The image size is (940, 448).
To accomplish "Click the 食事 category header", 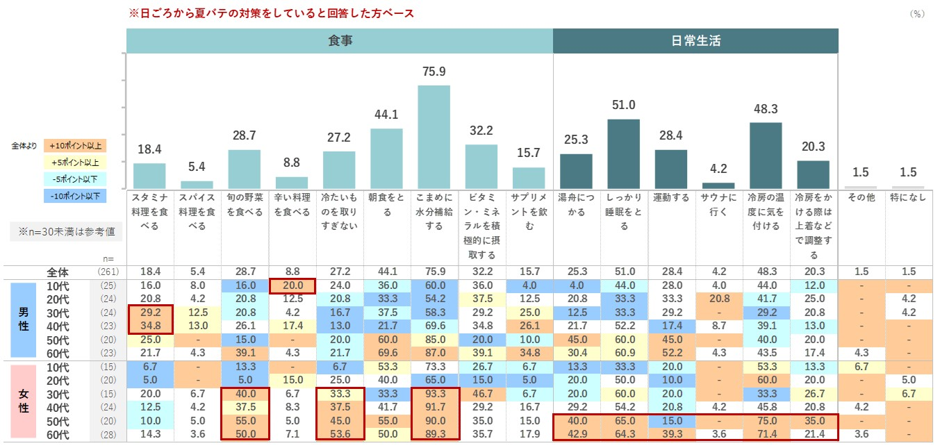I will click(340, 41).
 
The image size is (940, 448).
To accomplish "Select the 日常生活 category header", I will click(695, 41).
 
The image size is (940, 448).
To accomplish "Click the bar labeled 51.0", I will click(623, 154).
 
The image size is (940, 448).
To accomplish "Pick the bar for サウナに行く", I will click(718, 185).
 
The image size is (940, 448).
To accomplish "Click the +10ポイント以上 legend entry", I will click(74, 146).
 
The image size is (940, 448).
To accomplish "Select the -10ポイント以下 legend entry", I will click(74, 196).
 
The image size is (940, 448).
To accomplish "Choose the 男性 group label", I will click(23, 319).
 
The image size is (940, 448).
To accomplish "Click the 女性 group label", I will click(23, 400).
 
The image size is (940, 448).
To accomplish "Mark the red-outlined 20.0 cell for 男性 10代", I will click(292, 285).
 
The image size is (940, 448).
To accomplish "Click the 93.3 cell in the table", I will click(434, 394).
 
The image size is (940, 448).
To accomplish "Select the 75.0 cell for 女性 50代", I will click(766, 421).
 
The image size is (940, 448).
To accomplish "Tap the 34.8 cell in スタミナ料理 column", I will click(150, 326).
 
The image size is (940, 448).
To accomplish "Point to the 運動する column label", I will click(670, 198).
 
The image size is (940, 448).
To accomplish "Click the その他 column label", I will click(861, 198).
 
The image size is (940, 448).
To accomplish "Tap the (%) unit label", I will click(917, 14).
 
